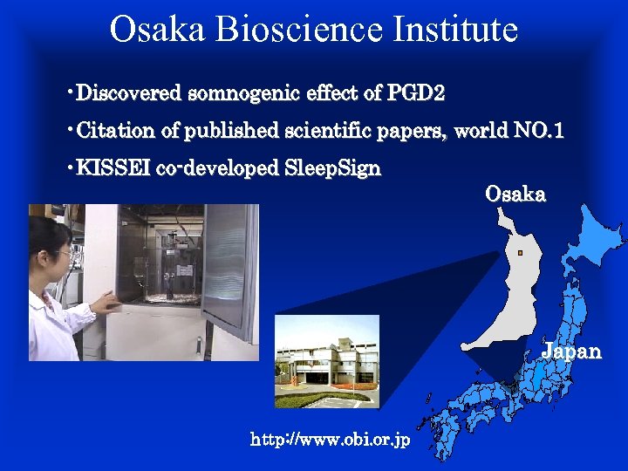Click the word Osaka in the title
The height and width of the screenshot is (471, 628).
coord(157,30)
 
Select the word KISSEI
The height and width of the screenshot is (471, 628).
coord(113,168)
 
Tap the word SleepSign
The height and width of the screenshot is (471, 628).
coord(333,168)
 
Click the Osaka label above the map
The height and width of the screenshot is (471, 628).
coord(515,195)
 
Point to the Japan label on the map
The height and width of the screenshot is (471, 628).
coord(571,352)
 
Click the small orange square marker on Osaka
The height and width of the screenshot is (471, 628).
coord(519,253)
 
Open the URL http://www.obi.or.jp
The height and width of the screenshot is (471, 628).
coord(330,440)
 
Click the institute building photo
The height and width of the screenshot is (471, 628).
coord(327,361)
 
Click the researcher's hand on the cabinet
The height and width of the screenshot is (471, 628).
coord(106,303)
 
